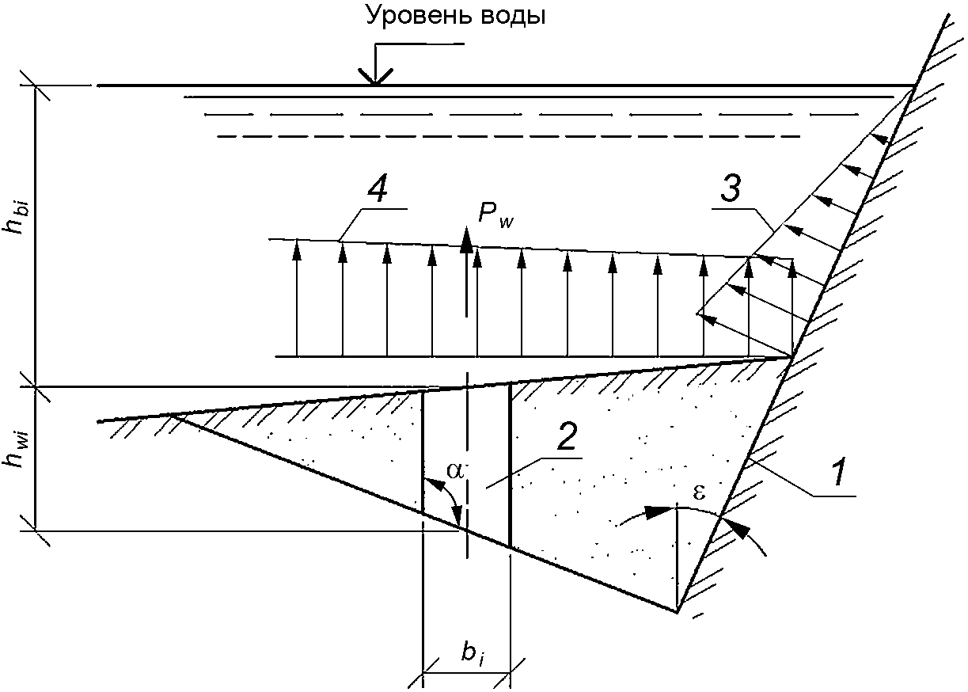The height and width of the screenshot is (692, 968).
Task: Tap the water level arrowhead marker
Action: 376,77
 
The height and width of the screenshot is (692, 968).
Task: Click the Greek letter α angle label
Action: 454,470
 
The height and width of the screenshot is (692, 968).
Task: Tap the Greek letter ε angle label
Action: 699,490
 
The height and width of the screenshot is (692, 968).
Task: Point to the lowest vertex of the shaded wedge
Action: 678,611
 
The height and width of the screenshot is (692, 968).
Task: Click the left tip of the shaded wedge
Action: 171,415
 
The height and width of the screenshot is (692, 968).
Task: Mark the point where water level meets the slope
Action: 916,85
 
